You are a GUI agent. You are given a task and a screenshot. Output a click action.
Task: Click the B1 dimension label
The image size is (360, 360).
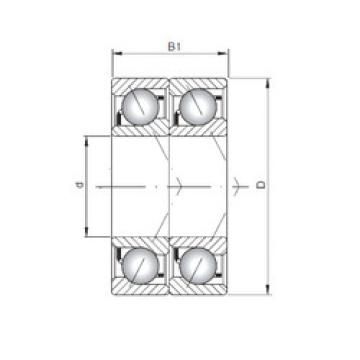click(x=174, y=46)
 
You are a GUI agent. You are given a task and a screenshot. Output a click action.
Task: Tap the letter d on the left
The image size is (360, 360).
click(x=79, y=185)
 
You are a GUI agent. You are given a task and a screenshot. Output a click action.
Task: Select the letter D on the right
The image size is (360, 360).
click(x=262, y=184)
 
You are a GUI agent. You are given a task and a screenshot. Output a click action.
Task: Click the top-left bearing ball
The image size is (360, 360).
click(x=140, y=107)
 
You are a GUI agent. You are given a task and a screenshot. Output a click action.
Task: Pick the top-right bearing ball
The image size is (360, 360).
click(x=198, y=107)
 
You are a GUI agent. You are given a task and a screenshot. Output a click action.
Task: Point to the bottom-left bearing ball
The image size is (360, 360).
click(x=140, y=266)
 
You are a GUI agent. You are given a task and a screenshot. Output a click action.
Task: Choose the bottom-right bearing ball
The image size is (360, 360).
click(x=198, y=266)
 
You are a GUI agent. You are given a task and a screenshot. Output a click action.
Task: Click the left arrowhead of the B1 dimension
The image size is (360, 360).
click(x=117, y=53)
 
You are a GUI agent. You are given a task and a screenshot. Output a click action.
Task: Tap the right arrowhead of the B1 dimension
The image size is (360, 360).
click(x=223, y=53)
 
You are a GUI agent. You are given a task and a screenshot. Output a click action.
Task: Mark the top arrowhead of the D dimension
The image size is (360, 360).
click(x=267, y=83)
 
